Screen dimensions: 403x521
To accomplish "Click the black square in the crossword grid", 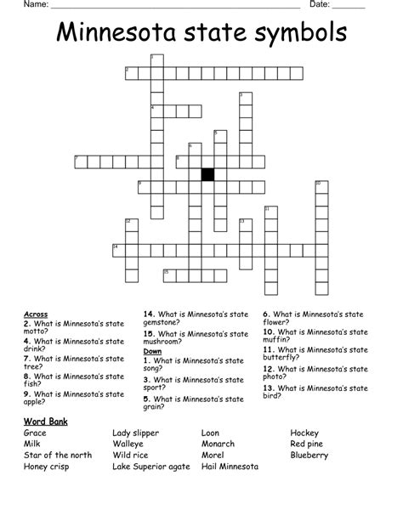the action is pyautogui.click(x=207, y=174).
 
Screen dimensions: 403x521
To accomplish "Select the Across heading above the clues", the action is pyautogui.click(x=36, y=314).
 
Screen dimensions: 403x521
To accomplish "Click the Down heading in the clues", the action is pyautogui.click(x=152, y=351).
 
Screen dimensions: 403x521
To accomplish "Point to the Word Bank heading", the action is pyautogui.click(x=46, y=422).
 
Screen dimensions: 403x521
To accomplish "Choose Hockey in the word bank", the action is pyautogui.click(x=304, y=433).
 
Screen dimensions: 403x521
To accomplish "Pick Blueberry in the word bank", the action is pyautogui.click(x=309, y=455).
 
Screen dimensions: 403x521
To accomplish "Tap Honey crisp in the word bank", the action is pyautogui.click(x=48, y=466).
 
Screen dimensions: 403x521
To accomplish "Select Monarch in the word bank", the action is pyautogui.click(x=219, y=444).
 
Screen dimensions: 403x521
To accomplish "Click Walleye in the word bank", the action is pyautogui.click(x=129, y=444).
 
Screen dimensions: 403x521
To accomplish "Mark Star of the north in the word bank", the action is pyautogui.click(x=58, y=455).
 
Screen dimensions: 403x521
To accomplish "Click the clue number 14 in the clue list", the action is pyautogui.click(x=148, y=314).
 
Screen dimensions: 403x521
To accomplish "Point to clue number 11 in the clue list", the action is pyautogui.click(x=268, y=348).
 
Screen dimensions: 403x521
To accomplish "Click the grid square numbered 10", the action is pyautogui.click(x=321, y=187).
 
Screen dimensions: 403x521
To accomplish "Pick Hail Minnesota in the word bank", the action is pyautogui.click(x=232, y=466).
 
